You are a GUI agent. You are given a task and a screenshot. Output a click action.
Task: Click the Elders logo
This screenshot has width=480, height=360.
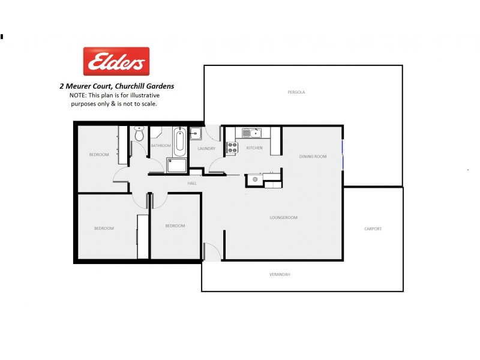(116, 61)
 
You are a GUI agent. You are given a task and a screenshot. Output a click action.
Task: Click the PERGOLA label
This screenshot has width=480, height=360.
(296, 92)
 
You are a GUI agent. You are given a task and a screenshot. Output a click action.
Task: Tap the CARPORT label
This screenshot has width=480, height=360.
(373, 229)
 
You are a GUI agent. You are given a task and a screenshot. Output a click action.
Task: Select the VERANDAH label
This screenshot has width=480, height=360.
(280, 274)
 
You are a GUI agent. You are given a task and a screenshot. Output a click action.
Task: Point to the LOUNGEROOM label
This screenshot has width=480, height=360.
(284, 218)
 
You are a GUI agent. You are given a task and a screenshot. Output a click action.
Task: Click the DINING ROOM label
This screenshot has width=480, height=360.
(313, 157)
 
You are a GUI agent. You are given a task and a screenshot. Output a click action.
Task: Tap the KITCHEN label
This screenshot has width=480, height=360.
(254, 148)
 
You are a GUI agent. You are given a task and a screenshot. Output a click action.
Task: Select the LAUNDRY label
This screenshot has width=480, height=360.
(206, 149)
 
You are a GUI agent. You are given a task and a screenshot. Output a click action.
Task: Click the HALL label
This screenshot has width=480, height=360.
(192, 183)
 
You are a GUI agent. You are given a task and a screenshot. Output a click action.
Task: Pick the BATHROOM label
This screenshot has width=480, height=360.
(161, 146)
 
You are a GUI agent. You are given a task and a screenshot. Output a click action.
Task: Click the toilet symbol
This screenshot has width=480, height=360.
(139, 134)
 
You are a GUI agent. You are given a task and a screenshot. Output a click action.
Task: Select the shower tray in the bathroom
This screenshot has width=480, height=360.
(178, 166)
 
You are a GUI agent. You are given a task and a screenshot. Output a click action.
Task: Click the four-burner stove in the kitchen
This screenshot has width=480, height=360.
(232, 148)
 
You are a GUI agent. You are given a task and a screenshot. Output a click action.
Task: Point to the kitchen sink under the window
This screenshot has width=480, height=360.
(252, 133)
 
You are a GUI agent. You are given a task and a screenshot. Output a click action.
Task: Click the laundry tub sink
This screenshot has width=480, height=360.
(196, 133)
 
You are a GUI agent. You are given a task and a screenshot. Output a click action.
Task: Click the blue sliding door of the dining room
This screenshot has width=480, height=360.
(343, 155)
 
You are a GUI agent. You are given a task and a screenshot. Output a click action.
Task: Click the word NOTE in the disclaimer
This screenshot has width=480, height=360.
(78, 95)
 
